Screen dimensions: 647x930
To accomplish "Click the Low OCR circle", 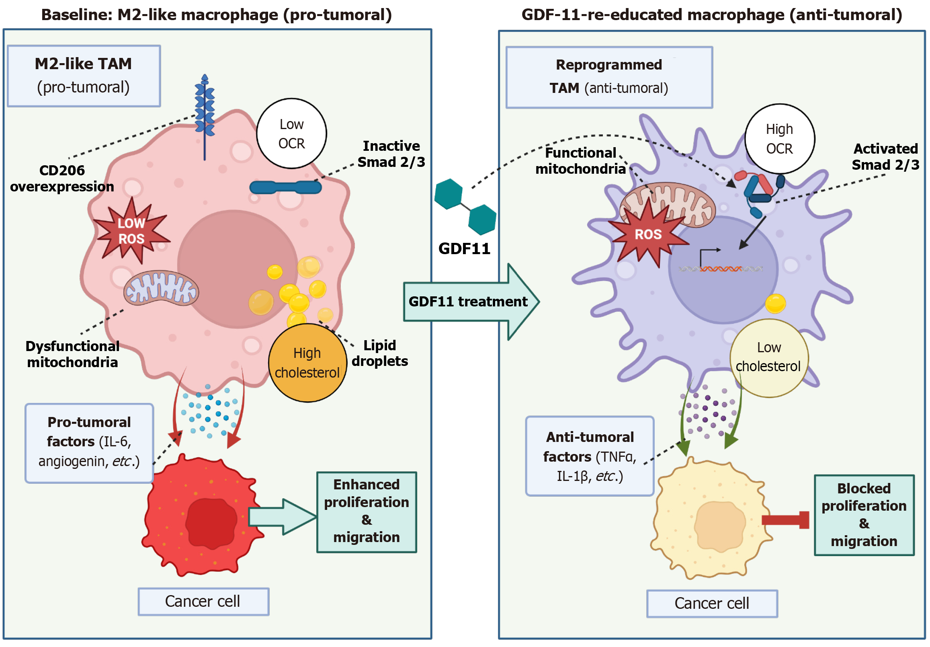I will [292, 134].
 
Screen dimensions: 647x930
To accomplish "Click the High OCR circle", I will [780, 139].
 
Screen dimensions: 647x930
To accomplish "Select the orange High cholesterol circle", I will [307, 363].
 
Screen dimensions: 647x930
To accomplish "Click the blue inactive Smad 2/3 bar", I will [286, 187].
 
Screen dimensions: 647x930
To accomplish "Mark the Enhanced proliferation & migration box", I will [367, 512].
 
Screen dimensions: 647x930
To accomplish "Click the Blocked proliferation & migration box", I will [864, 515].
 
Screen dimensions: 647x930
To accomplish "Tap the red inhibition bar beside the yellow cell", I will [786, 520].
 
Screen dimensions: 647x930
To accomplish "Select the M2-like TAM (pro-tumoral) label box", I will [84, 76].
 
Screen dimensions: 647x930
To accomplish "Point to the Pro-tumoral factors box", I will [89, 443].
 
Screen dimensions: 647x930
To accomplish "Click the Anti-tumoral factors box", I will [590, 456].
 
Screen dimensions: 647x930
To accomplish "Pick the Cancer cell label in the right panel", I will [712, 604].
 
